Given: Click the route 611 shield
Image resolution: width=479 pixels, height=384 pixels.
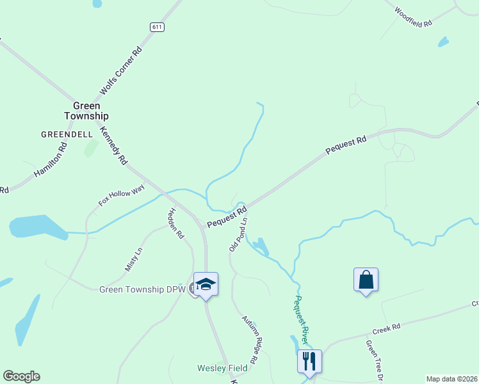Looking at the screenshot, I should [x=158, y=27].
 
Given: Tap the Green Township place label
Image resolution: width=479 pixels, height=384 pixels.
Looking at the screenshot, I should [x=86, y=111].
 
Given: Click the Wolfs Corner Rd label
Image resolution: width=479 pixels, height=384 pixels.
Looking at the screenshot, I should [x=120, y=71].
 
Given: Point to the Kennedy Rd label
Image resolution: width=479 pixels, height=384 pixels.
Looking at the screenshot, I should [x=114, y=146].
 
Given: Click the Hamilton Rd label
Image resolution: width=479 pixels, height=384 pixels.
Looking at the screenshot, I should [x=51, y=160].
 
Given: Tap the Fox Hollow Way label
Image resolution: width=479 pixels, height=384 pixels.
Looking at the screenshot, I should [x=122, y=195].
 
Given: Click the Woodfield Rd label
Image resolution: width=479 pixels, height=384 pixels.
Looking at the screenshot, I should [x=414, y=17].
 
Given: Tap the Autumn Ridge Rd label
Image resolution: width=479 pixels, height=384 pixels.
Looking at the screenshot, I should [x=249, y=339].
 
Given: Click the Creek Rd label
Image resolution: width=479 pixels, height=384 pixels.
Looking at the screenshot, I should [x=387, y=329].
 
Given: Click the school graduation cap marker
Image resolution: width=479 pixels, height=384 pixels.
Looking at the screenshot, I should [x=206, y=284].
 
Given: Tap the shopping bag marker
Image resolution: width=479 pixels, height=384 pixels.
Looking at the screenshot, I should [x=366, y=280].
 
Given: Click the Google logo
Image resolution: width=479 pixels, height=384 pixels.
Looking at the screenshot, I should [x=21, y=376].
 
